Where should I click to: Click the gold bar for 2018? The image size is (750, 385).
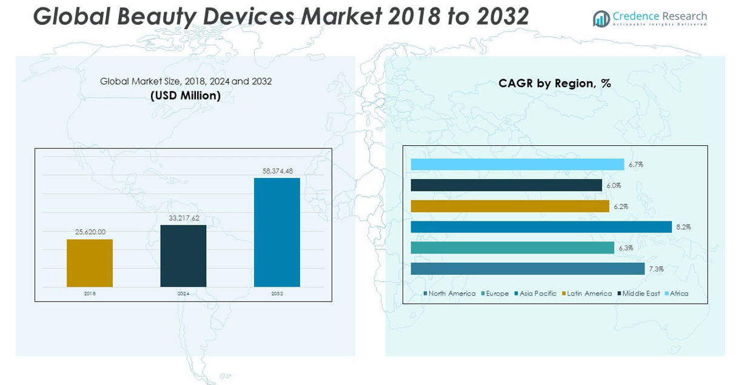coord(90,263)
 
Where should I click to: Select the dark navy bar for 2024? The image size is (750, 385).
coord(183,255)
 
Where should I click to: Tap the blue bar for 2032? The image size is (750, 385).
coord(277,232)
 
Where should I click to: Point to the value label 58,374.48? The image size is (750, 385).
coord(277,171)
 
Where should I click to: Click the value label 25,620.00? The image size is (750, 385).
coord(90,232)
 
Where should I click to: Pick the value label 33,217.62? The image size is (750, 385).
coord(183,218)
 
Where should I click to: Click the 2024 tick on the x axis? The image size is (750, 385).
coord(183,294)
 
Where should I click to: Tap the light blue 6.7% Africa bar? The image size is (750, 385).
coord(517,165)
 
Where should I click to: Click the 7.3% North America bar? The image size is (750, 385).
coord(527,269)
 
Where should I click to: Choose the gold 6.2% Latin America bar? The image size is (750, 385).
coord(510,206)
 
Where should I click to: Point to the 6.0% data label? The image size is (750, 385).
coord(614,186)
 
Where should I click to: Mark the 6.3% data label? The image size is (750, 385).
coord(626,248)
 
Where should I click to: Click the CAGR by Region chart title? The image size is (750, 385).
coord(555,84)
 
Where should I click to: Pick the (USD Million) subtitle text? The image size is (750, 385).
coord(186,96)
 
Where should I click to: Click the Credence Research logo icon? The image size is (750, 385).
coord(601,19)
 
